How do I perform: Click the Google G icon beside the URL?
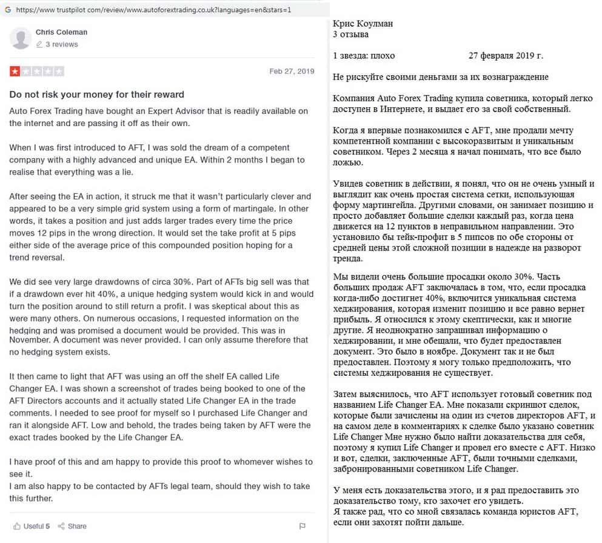click(x=7, y=10)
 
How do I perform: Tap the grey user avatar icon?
click(x=21, y=38)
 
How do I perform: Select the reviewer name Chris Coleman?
click(x=61, y=32)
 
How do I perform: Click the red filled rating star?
click(x=15, y=72)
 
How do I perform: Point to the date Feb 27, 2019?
click(x=292, y=72)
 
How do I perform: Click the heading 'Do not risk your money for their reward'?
click(x=96, y=95)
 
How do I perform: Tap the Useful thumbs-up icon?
click(x=17, y=526)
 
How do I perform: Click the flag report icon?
click(x=303, y=526)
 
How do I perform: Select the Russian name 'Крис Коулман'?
click(x=363, y=24)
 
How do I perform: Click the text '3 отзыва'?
click(x=351, y=35)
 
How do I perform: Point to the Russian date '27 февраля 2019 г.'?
click(x=506, y=56)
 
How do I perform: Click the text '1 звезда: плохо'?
click(x=364, y=56)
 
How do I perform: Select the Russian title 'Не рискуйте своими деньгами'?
click(x=441, y=77)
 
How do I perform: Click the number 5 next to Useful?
click(x=48, y=526)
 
